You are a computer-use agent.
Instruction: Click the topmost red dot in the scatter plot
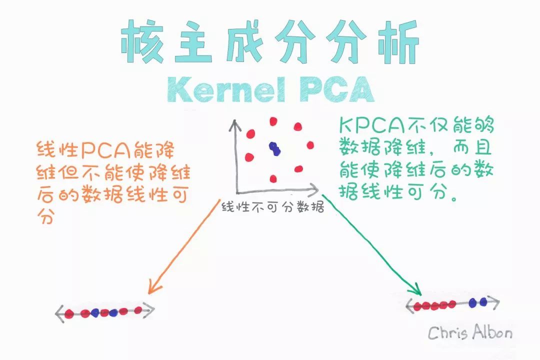(273, 121)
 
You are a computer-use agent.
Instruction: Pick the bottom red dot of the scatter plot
(273, 178)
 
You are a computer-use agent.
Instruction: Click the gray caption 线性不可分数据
(272, 207)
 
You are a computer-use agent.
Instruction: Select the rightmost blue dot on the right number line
(483, 301)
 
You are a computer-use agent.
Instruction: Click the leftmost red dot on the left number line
(69, 314)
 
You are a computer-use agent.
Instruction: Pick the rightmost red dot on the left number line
(138, 310)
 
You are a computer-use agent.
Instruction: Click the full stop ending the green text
(454, 197)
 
